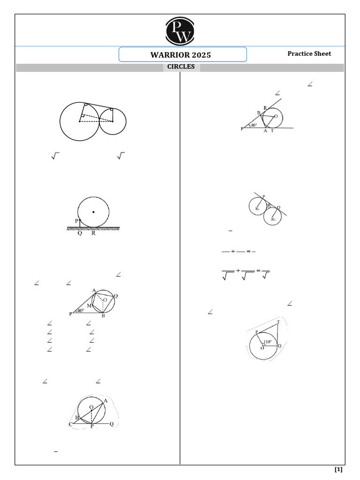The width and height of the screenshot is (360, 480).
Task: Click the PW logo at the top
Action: (x=180, y=30)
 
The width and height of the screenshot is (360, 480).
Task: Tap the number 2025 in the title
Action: (x=202, y=55)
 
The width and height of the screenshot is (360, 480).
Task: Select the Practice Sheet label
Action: (x=309, y=53)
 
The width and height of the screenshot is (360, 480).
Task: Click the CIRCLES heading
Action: (x=181, y=67)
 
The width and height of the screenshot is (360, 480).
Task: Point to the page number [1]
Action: (x=338, y=469)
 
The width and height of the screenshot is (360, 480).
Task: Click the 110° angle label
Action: (x=268, y=342)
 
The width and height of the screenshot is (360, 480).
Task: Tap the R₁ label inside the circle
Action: (x=258, y=208)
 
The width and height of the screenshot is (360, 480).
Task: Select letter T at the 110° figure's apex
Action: (x=279, y=322)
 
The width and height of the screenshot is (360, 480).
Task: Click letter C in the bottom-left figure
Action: (x=70, y=424)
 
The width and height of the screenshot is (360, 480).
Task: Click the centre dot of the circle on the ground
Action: (x=93, y=212)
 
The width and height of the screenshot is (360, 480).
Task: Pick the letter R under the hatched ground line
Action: (x=93, y=233)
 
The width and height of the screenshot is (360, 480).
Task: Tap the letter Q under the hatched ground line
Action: (x=80, y=233)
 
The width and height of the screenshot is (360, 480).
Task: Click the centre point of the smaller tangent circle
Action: (x=113, y=121)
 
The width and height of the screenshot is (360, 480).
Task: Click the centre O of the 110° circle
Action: (x=262, y=348)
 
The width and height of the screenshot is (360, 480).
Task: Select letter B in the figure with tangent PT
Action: (x=258, y=113)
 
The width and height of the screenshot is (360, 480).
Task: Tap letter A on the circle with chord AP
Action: (x=105, y=401)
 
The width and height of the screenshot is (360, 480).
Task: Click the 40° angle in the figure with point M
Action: (x=81, y=310)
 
